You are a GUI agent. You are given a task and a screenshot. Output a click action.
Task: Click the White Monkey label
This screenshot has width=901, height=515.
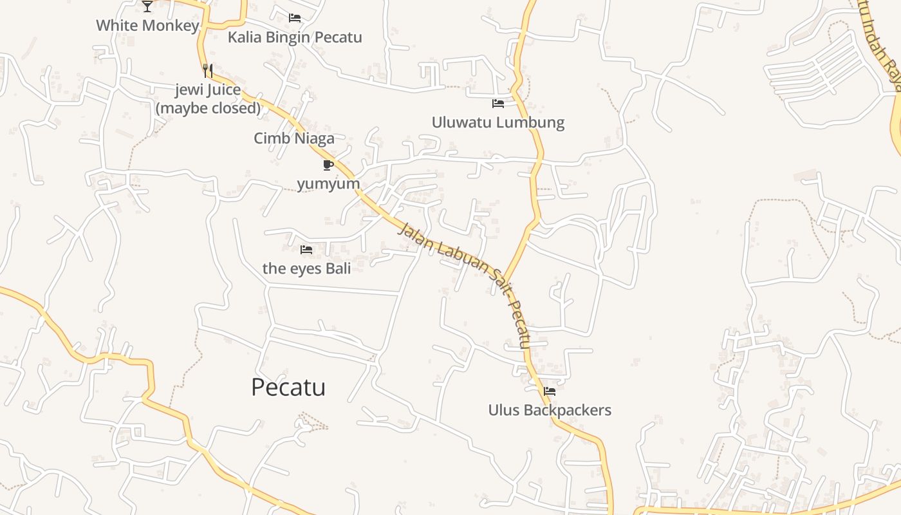(147, 26)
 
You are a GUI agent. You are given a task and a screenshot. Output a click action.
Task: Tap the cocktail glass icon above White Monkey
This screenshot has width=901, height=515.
(147, 6)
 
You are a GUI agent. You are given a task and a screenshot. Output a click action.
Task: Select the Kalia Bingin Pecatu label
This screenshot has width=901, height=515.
(295, 37)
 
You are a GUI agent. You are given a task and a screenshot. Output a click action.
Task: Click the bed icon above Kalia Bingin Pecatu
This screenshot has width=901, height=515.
(295, 18)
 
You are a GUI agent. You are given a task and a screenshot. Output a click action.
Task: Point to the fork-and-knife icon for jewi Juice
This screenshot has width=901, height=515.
(207, 70)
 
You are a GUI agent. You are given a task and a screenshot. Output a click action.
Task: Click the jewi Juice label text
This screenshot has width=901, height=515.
(208, 90)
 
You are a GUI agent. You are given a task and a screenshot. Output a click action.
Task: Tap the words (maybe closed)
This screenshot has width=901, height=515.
(208, 108)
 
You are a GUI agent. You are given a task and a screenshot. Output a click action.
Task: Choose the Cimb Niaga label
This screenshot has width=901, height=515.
(294, 138)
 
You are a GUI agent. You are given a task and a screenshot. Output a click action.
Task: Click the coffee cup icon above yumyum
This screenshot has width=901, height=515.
(328, 165)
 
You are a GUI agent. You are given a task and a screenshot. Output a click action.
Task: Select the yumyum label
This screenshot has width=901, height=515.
(328, 183)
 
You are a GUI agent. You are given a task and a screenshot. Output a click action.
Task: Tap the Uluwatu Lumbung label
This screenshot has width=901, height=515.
(497, 122)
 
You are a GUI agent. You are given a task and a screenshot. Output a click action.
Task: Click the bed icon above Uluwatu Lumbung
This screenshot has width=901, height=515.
(497, 103)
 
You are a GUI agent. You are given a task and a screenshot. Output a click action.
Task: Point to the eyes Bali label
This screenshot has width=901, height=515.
(306, 268)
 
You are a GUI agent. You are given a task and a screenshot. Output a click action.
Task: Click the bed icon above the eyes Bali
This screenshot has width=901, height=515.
(306, 249)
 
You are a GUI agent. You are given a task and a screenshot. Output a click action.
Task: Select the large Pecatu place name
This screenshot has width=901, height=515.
(288, 388)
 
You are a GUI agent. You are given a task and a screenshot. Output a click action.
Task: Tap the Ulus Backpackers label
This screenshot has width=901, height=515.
(550, 410)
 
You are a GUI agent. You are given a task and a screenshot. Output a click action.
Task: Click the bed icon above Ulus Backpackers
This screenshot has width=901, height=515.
(550, 391)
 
